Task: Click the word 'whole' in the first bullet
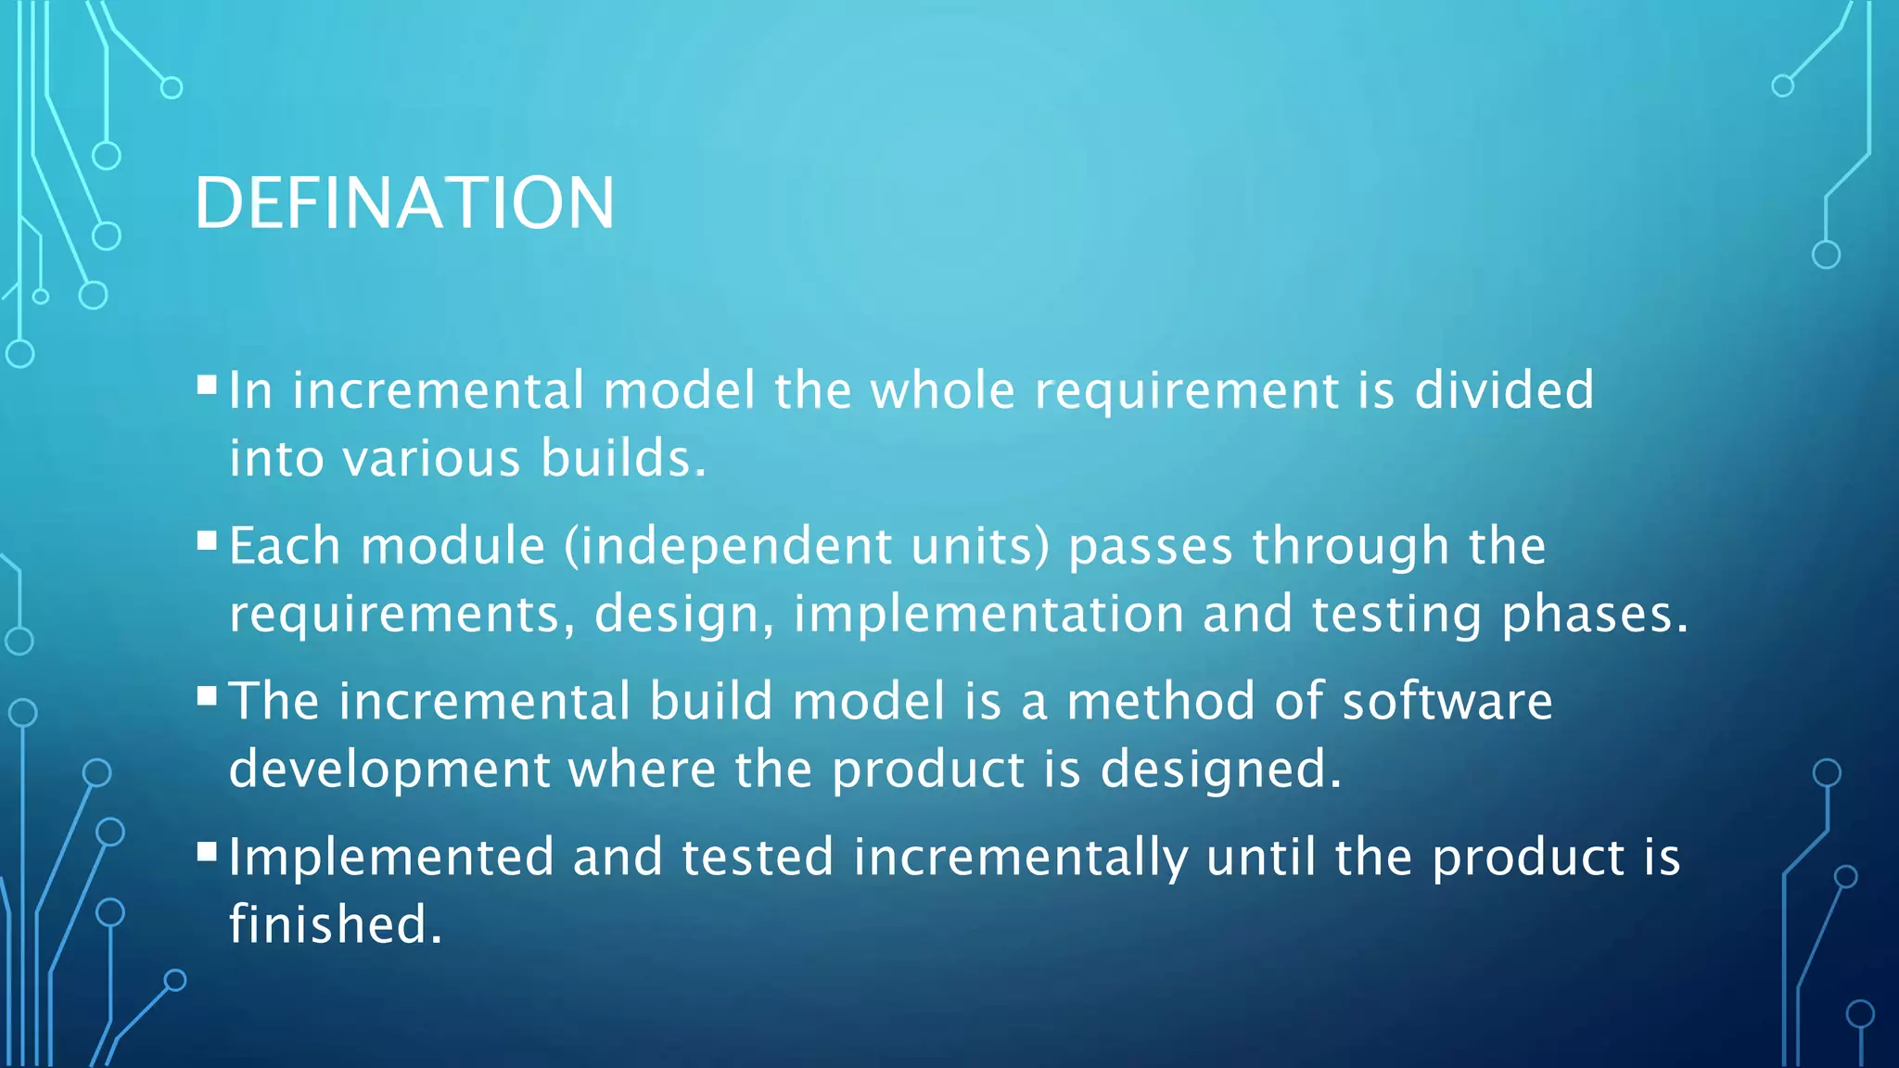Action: pos(942,390)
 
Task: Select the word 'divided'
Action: pos(1504,390)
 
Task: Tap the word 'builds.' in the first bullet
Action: pos(623,459)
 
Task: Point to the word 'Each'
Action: pos(285,546)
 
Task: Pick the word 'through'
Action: pos(1351,546)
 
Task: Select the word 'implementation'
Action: pos(988,615)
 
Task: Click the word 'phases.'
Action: pos(1595,615)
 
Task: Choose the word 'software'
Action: pos(1447,701)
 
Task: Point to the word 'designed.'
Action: pos(1221,769)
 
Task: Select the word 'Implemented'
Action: pos(391,857)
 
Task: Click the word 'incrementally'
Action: pos(1020,857)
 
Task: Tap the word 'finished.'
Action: pos(336,925)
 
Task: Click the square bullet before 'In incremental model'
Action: pos(207,384)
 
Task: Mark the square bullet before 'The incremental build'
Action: pos(207,695)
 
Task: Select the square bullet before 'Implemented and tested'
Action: pos(207,851)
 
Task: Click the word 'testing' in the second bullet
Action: pos(1396,615)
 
